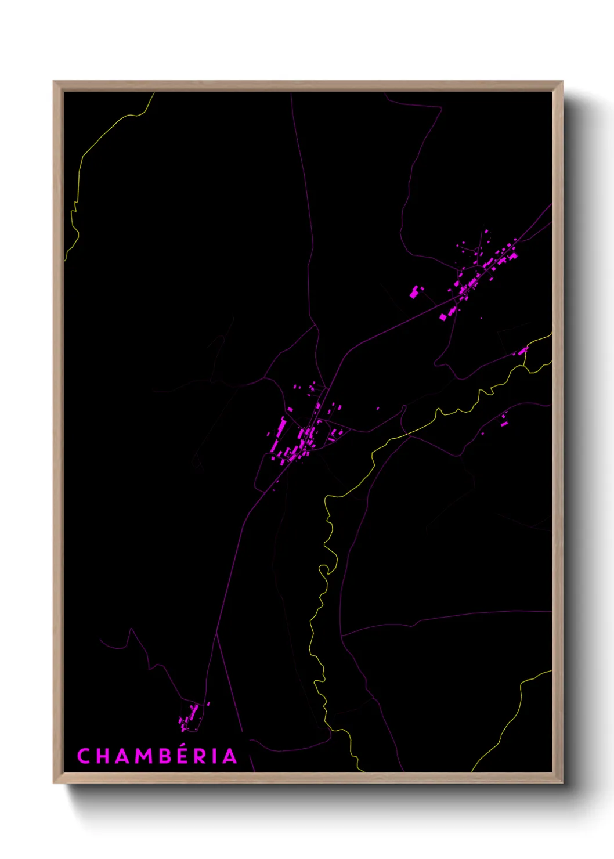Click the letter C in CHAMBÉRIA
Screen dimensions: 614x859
coord(84,756)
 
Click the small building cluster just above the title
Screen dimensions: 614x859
coord(189,717)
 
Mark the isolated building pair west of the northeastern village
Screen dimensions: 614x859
coord(415,291)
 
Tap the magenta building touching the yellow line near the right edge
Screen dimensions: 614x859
coord(522,351)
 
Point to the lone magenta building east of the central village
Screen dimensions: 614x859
coord(378,409)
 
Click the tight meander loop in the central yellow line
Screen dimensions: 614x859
coord(328,568)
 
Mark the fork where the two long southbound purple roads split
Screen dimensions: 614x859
coord(216,634)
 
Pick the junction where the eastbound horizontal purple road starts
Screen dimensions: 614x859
coord(342,636)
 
